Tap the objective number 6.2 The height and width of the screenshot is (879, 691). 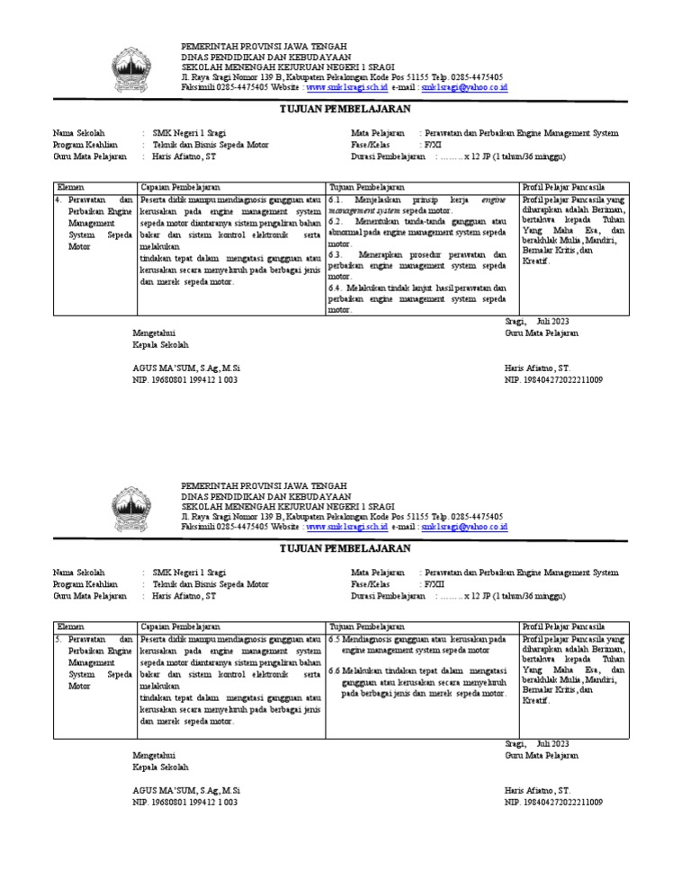pos(336,221)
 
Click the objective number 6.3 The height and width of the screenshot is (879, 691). pos(336,254)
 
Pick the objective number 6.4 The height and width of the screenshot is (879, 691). pos(336,288)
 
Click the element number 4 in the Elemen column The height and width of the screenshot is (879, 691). pos(58,200)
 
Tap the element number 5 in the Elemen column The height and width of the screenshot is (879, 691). pos(58,639)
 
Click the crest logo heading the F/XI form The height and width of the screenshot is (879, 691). pos(137,69)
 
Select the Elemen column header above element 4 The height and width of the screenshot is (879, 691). pos(70,187)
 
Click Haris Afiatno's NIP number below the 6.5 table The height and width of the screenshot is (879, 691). pos(553,802)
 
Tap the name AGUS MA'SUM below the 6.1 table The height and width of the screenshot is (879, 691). pos(186,368)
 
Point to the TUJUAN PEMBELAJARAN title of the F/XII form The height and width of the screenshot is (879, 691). pos(345,548)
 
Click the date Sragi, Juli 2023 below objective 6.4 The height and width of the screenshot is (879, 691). pos(536,321)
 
